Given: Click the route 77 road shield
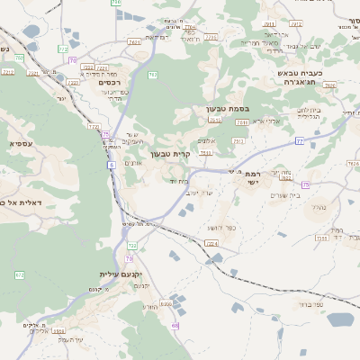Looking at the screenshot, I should click(x=299, y=141).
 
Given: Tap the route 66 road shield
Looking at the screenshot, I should click(x=175, y=326).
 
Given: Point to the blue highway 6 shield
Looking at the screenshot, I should click(x=110, y=166).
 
